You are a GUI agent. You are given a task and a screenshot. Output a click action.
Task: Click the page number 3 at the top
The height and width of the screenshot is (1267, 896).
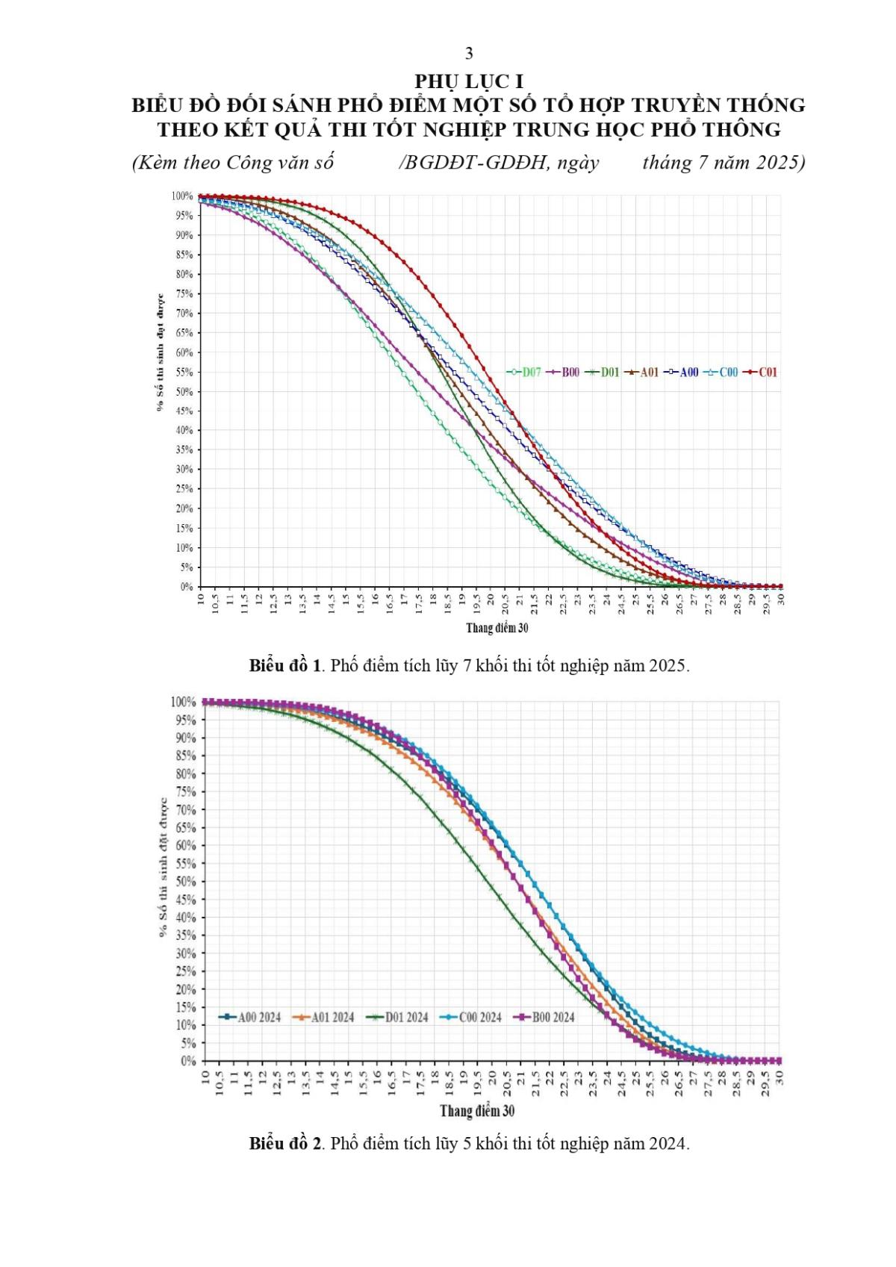point(469,53)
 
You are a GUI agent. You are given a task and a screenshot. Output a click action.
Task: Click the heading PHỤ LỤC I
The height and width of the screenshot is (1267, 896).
point(469,81)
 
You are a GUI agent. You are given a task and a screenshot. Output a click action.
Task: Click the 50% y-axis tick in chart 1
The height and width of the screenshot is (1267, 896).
point(184,391)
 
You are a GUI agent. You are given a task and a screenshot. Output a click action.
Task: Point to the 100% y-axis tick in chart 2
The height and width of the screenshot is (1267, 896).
point(182,702)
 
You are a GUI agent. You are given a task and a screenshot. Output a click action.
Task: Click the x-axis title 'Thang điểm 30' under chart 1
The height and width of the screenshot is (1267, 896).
point(497,628)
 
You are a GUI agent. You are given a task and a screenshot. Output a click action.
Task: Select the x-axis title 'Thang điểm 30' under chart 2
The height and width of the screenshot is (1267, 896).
point(477,1111)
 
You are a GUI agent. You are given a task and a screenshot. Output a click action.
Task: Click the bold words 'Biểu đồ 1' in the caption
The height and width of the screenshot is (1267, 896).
point(285,665)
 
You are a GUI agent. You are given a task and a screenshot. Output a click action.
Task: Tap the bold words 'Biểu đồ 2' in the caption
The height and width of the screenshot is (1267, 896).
point(285,1144)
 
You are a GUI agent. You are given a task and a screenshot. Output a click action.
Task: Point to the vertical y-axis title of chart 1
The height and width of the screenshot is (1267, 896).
point(160,351)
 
